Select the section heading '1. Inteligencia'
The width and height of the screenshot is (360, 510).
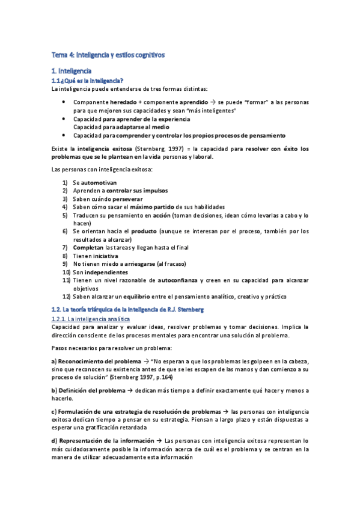[71, 72]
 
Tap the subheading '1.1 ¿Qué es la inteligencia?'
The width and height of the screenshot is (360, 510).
[88, 81]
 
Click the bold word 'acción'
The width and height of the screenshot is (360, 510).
[160, 215]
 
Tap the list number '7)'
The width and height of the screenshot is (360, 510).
[66, 247]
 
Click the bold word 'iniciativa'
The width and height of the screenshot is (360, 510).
[106, 256]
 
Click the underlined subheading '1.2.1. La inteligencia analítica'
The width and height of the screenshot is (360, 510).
[87, 318]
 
